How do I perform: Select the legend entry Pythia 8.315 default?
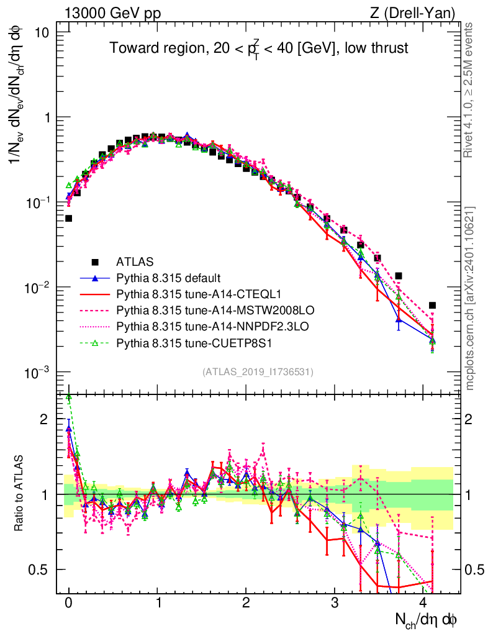pyautogui.click(x=168, y=277)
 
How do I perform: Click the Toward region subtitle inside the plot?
pyautogui.click(x=259, y=48)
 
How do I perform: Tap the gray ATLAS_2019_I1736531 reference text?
pyautogui.click(x=258, y=372)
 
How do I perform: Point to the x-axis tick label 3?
pyautogui.click(x=334, y=604)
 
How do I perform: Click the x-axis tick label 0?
pyautogui.click(x=68, y=604)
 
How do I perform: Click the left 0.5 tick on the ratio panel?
pyautogui.click(x=43, y=570)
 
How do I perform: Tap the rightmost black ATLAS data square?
pyautogui.click(x=432, y=305)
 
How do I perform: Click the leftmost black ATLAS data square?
pyautogui.click(x=68, y=218)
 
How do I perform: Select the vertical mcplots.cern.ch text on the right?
pyautogui.click(x=471, y=298)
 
